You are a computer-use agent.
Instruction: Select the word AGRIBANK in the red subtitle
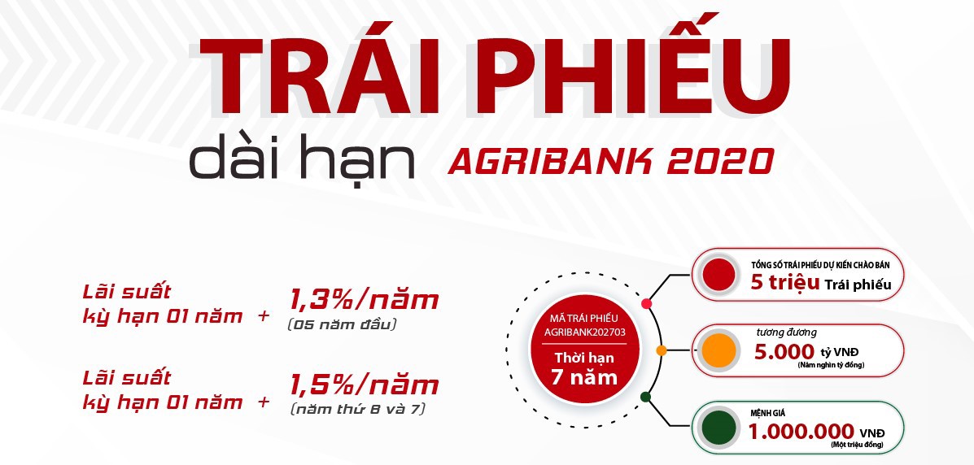tap(549, 161)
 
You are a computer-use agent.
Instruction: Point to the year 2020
tap(720, 161)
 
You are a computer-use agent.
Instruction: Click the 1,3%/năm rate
tap(364, 301)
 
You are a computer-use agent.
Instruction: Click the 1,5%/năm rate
tap(364, 385)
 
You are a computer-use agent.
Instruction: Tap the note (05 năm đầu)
tap(342, 324)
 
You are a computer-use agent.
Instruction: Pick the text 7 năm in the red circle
tap(584, 377)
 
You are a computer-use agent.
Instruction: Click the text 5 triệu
tap(785, 282)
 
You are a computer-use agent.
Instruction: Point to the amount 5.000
tap(784, 351)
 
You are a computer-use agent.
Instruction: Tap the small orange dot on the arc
tap(662, 350)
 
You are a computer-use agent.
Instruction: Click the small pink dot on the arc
tap(646, 303)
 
